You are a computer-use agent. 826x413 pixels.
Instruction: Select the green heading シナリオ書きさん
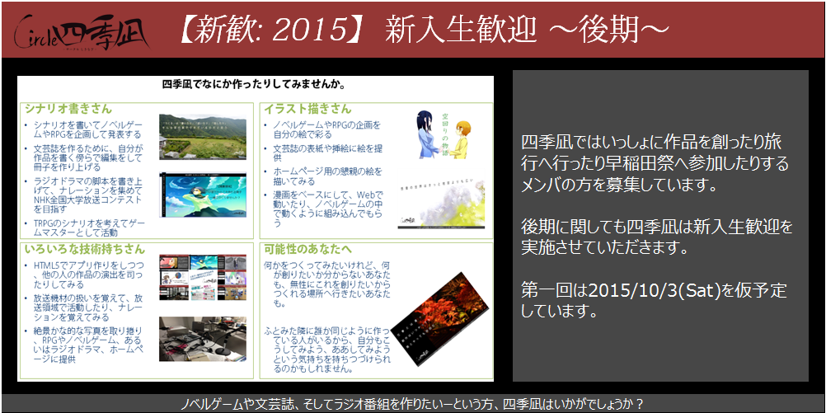point(68,109)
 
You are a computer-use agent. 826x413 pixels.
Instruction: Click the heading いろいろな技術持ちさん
point(84,248)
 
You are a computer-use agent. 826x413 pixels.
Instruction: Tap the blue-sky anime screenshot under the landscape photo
point(204,195)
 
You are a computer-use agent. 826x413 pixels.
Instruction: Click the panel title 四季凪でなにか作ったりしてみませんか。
point(253,84)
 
